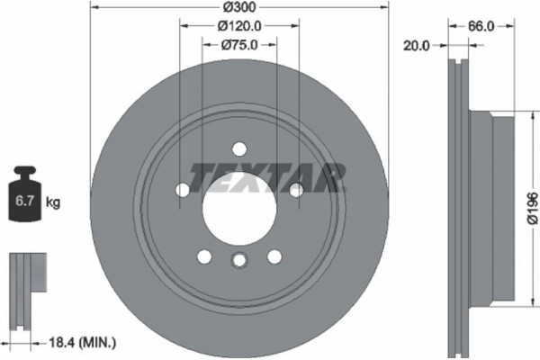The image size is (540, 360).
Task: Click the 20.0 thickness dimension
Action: pyautogui.click(x=417, y=43)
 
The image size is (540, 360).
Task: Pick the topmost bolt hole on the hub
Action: pyautogui.click(x=238, y=149)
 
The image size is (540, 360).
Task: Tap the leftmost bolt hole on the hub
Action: pyautogui.click(x=182, y=190)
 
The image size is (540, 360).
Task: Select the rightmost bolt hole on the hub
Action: pyautogui.click(x=295, y=189)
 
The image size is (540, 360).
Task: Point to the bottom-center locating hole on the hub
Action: pyautogui.click(x=238, y=261)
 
